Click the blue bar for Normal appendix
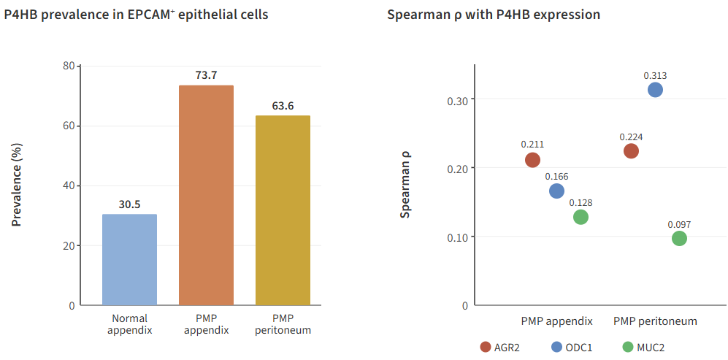129,259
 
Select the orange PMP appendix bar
206,195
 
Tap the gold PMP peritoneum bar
283,210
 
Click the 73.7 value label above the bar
206,74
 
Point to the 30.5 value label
129,204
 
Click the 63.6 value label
283,106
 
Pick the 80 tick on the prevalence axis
69,66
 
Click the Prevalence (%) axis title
17,185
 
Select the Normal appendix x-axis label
129,324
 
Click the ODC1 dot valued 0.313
655,90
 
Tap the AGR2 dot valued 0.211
532,160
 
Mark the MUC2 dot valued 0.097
679,239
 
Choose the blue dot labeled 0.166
556,191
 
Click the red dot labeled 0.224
631,151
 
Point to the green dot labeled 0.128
581,217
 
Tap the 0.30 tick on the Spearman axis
456,99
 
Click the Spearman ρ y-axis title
405,185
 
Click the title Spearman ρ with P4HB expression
493,15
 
